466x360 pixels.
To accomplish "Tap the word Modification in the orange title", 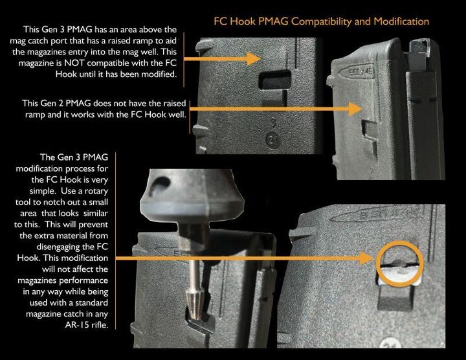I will (x=395, y=21).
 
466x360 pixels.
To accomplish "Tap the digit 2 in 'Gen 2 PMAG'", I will (x=62, y=103).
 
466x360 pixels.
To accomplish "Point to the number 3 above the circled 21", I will (x=272, y=121).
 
